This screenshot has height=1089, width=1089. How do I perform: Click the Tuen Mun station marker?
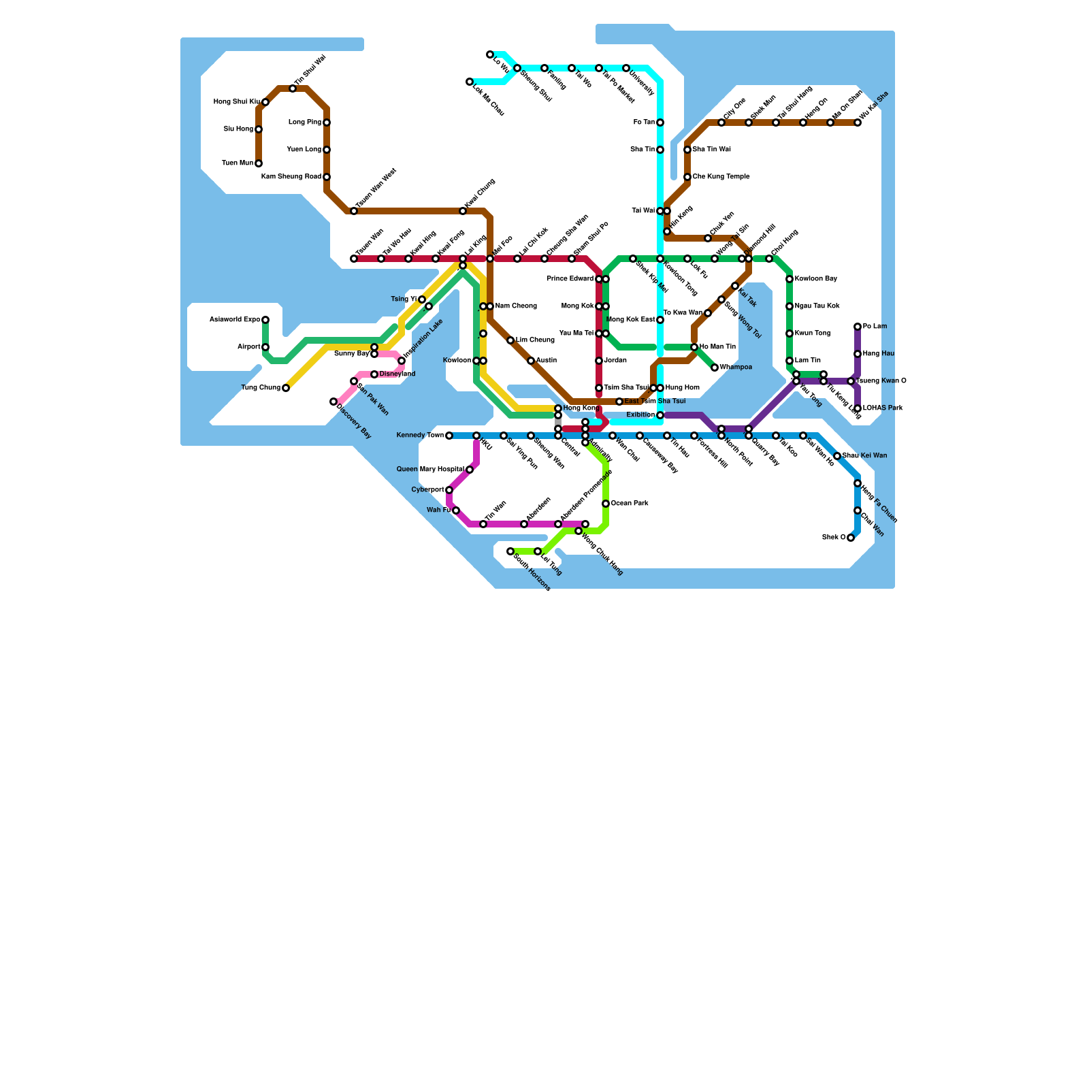tap(259, 163)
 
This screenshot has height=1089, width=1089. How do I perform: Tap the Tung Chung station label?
tap(261, 388)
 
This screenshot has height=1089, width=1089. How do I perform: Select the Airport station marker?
tap(265, 347)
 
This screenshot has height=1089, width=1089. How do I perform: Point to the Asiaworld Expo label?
tap(234, 320)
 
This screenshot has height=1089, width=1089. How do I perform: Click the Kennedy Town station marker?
tap(449, 436)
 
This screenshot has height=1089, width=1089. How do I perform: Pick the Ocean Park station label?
tap(630, 504)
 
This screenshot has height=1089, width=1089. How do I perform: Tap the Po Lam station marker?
tap(858, 327)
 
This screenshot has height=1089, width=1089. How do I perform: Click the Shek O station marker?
tap(851, 538)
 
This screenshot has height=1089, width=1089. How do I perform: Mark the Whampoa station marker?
tap(715, 368)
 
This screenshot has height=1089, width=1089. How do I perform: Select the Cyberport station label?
tap(427, 490)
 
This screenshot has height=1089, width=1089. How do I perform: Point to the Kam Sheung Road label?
tap(291, 177)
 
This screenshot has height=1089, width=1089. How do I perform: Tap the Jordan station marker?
tap(599, 361)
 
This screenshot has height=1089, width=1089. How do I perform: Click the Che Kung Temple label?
tap(721, 177)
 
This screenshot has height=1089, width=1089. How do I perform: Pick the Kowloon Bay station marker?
tap(790, 279)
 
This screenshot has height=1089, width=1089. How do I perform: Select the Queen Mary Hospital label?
tap(430, 470)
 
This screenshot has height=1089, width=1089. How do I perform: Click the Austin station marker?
tap(531, 361)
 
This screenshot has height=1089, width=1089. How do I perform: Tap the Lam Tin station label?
tap(808, 361)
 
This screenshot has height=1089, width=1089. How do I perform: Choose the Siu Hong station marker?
tap(259, 129)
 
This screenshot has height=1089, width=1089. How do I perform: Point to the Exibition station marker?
tap(660, 415)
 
